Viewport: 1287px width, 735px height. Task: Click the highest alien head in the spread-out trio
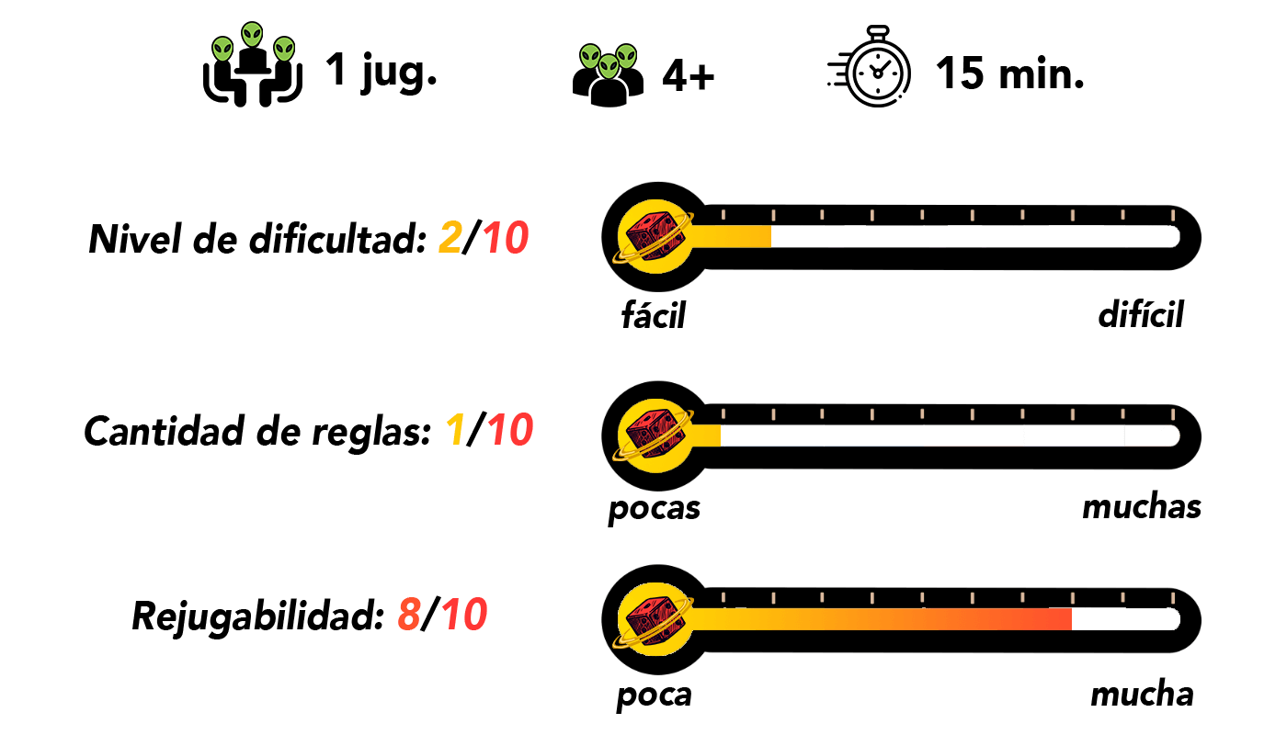coord(252,35)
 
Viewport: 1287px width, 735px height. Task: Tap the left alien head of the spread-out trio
coord(222,49)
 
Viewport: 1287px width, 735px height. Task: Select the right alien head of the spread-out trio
coord(284,49)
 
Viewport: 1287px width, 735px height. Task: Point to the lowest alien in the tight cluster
coord(609,66)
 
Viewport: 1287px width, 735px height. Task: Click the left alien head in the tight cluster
coord(590,57)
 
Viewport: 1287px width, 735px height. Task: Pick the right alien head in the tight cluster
coord(627,57)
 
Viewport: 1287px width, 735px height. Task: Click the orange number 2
coord(450,238)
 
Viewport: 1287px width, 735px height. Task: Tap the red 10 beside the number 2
coord(506,238)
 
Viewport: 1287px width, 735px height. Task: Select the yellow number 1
coord(455,430)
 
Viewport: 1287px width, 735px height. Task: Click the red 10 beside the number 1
coord(510,430)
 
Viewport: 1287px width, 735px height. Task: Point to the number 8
coord(409,615)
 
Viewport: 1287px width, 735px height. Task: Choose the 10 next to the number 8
coord(464,615)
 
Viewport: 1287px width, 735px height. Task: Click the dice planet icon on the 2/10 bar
coord(655,237)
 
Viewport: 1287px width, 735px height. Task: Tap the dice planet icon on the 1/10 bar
coord(655,435)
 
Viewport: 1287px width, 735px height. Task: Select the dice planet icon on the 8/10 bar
coord(655,619)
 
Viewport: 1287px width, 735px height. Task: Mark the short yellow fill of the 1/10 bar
coord(708,435)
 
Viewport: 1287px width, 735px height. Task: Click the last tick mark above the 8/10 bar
coord(1172,598)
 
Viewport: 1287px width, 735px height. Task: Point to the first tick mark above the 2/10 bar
coord(723,215)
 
